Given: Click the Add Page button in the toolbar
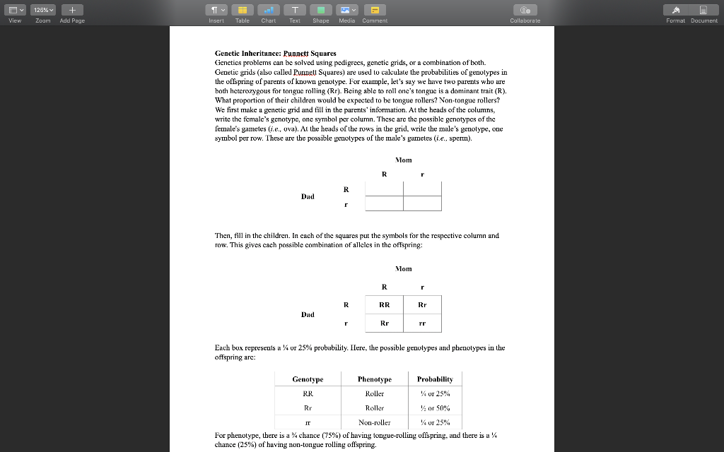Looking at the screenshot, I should click(x=71, y=10).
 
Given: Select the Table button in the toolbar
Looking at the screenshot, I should click(x=242, y=10).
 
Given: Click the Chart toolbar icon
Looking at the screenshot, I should click(x=268, y=10).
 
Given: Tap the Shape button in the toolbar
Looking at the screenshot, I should click(x=320, y=10).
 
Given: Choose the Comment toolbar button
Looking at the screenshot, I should click(x=374, y=10).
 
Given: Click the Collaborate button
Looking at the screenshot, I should click(x=525, y=10).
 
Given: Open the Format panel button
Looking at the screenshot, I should click(x=675, y=10).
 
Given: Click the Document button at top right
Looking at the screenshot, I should click(x=703, y=10).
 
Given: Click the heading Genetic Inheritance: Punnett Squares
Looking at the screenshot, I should click(x=276, y=53).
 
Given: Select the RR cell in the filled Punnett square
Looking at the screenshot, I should click(x=384, y=305).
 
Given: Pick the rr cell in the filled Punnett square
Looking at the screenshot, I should click(x=422, y=323).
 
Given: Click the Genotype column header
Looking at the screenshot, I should click(x=308, y=379).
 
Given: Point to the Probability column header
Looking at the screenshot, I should click(x=434, y=379).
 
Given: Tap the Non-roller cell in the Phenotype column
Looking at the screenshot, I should click(x=374, y=422).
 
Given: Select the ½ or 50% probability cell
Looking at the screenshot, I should click(x=434, y=408).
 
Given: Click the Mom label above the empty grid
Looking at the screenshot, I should click(x=403, y=160).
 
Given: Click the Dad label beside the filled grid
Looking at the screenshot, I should click(x=308, y=314).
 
